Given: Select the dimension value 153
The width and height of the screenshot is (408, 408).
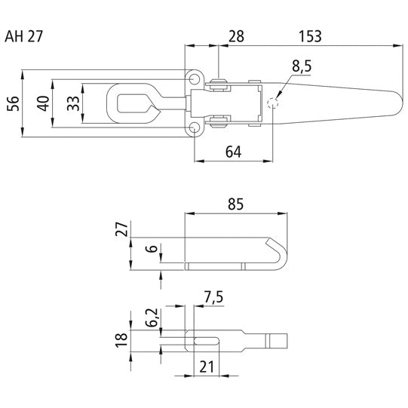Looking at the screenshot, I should click(310, 35).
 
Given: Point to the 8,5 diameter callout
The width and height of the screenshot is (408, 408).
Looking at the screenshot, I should click(301, 67).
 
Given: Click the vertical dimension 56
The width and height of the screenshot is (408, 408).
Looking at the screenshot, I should click(13, 103).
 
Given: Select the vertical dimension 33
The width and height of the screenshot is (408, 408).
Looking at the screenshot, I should click(73, 103).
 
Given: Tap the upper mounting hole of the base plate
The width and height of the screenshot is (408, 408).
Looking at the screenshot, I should click(195, 79).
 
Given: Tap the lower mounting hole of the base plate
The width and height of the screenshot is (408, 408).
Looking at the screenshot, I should click(195, 127).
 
